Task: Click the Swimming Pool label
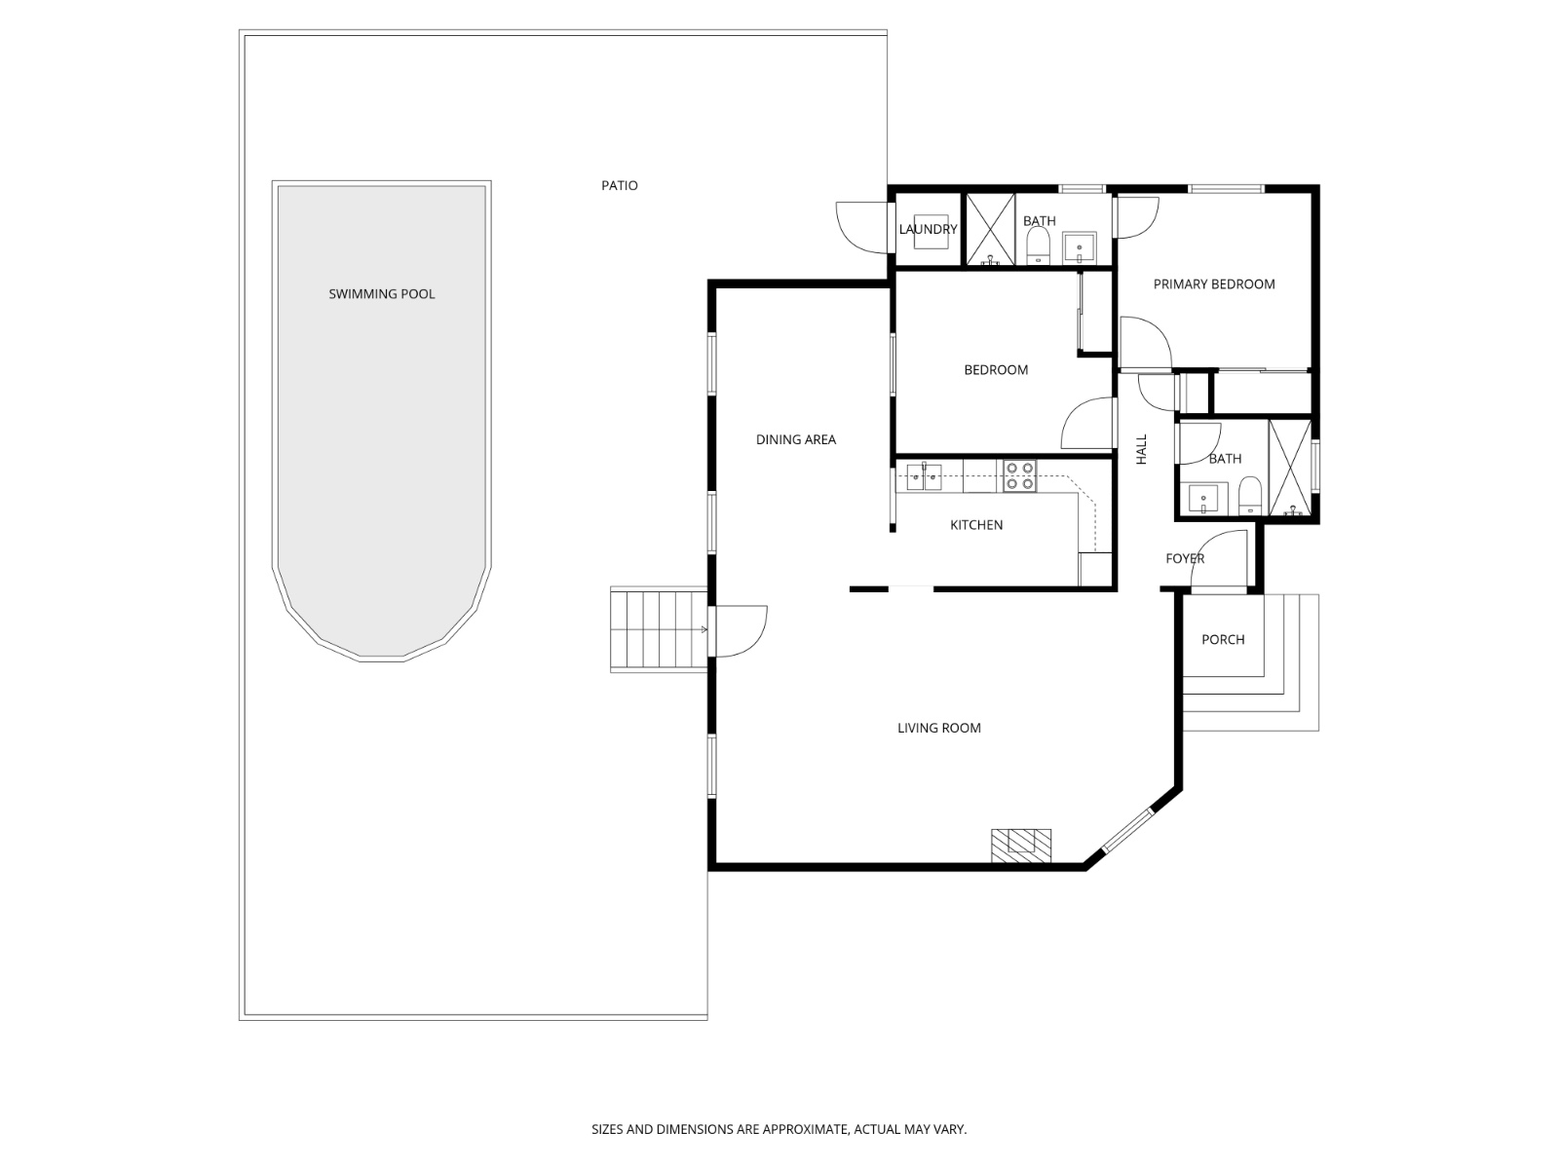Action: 381,293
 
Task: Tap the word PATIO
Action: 619,185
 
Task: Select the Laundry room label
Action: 928,229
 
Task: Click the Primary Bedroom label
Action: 1213,283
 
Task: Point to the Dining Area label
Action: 795,439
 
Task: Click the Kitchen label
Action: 975,525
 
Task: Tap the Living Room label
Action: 938,728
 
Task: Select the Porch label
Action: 1222,639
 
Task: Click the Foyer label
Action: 1184,558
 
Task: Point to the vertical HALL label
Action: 1141,449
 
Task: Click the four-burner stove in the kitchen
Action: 1019,475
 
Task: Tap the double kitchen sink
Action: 923,476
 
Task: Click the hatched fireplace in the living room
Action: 1021,845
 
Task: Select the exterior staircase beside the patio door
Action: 657,629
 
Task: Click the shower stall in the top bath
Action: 990,230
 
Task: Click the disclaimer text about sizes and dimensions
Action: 779,1130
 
